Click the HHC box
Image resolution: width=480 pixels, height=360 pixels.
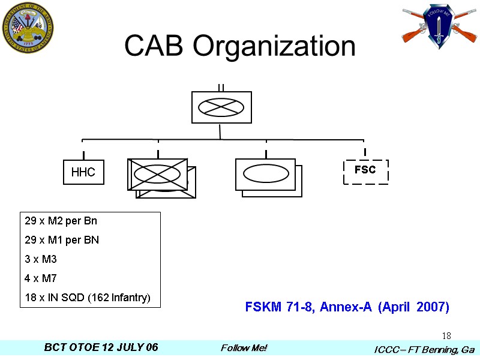click(83, 172)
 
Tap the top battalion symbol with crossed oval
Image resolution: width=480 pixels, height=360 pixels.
click(221, 107)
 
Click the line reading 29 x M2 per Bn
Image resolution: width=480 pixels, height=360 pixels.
click(61, 221)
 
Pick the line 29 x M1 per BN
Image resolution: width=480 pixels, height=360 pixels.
click(62, 240)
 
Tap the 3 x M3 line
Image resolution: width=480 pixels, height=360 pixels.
click(41, 259)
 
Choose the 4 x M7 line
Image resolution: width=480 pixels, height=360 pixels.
click(41, 278)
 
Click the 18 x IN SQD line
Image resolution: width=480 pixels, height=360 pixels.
click(87, 298)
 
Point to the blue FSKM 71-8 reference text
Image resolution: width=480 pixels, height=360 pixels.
click(347, 307)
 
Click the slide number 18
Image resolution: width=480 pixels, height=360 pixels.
click(446, 335)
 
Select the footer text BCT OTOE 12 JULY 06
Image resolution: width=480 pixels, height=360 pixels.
click(101, 348)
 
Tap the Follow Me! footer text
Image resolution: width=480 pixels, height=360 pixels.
click(244, 348)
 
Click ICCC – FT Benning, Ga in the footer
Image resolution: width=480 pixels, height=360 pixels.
click(424, 349)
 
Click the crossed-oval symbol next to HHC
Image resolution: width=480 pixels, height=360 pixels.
click(157, 174)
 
